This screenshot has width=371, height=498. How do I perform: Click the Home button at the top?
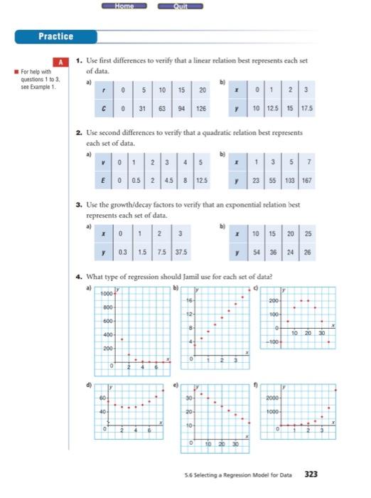coord(124,6)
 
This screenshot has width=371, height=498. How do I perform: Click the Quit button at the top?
coord(179,6)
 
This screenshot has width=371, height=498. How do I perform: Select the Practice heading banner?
coord(56,36)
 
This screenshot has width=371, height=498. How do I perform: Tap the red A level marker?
coord(61,63)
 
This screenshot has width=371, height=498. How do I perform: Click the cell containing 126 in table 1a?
coord(203,110)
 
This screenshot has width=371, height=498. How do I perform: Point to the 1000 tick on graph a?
coord(107,294)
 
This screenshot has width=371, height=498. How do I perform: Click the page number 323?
coord(311,472)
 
